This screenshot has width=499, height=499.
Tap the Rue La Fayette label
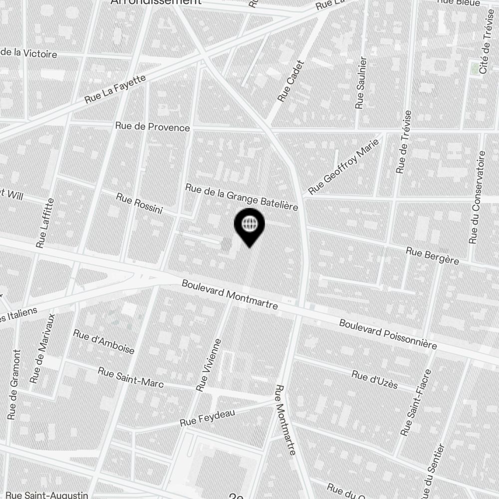point(115,89)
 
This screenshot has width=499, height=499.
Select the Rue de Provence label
point(152,127)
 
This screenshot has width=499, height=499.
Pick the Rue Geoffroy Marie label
point(344,167)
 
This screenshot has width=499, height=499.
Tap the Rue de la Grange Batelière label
point(242,196)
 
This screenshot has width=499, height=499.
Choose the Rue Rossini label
point(139,204)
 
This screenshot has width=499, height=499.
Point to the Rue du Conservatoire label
point(477,197)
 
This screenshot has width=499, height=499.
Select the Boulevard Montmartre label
point(230,294)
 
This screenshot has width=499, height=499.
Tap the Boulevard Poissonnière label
point(388,334)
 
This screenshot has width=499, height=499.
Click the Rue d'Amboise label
point(104,341)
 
